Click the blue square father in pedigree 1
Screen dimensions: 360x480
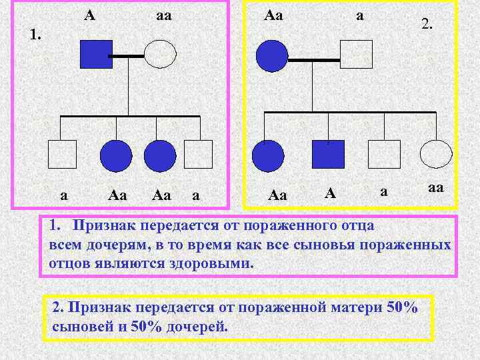(97, 55)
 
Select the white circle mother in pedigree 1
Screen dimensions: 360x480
(160, 55)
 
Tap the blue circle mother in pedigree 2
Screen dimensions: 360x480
(272, 56)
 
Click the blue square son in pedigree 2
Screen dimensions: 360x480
(328, 154)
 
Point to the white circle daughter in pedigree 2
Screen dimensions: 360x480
(437, 154)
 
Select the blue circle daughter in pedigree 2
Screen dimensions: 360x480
(269, 156)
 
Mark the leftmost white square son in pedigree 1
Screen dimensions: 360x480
(62, 154)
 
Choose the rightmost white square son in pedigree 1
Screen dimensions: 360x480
(198, 154)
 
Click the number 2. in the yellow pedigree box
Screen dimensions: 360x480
(427, 25)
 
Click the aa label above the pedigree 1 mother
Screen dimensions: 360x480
(163, 14)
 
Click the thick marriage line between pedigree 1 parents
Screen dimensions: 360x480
(128, 56)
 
